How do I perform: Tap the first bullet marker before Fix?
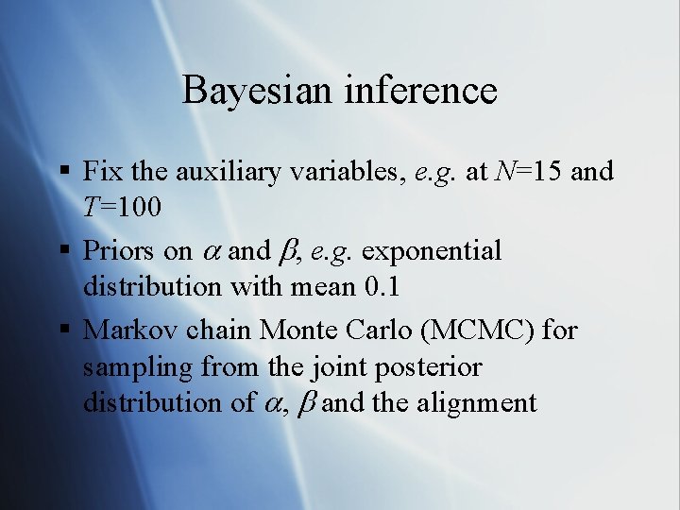point(63,172)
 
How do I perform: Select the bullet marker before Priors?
point(63,251)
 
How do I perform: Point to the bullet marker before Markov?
point(63,331)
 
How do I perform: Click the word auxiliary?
point(239,172)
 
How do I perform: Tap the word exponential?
point(432,251)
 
